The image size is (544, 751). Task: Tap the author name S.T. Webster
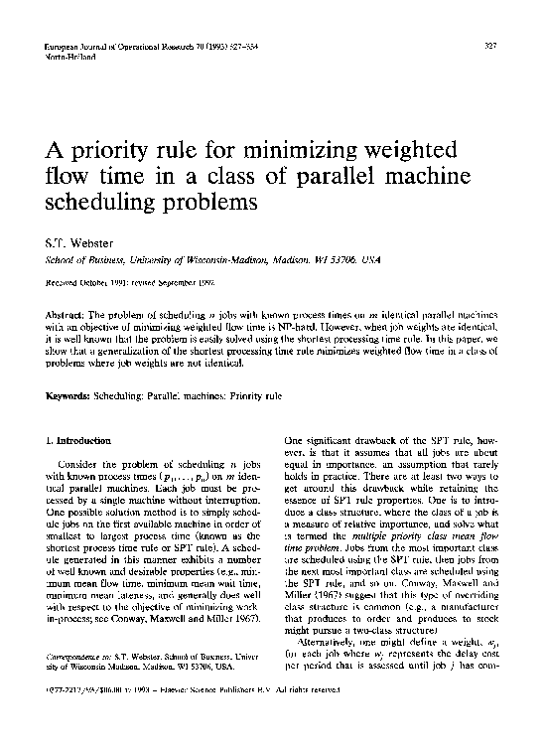pos(80,241)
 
